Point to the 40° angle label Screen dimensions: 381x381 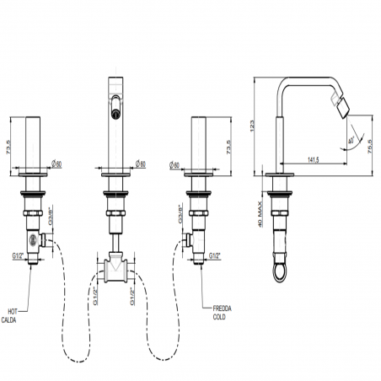(x=350, y=141)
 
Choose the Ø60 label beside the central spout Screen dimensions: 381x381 (x=142, y=163)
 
